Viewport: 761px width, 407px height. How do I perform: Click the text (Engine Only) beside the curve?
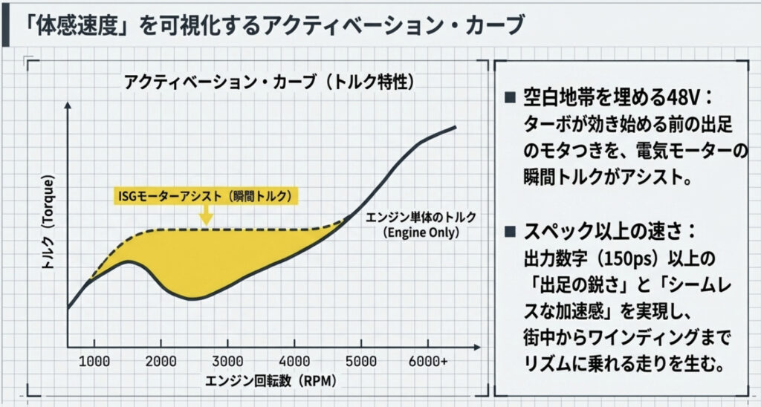[x=421, y=232]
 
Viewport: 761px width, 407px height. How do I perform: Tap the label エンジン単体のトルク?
[x=421, y=218]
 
